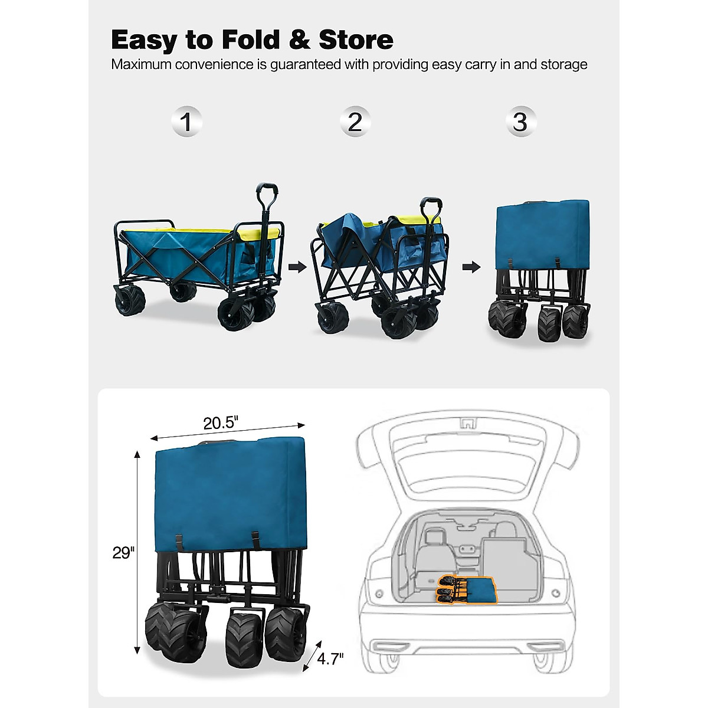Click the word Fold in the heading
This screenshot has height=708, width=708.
251,40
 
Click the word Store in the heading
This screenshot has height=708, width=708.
356,40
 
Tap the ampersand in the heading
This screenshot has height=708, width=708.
300,40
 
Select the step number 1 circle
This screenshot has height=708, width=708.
186,122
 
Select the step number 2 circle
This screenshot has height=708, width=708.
355,122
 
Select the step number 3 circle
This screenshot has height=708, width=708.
520,122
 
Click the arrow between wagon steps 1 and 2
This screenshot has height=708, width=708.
298,267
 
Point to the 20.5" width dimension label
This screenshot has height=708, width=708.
220,423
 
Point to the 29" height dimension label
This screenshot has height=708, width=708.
123,553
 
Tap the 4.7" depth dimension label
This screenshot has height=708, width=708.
330,658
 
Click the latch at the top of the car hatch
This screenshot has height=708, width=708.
468,422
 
